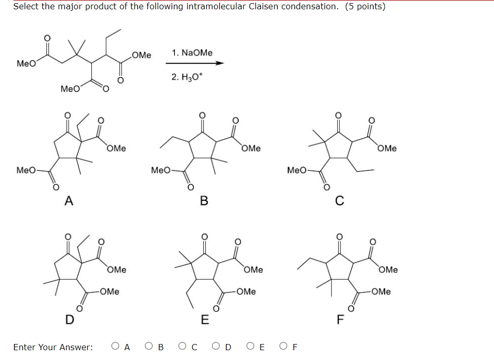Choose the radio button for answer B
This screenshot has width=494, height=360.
coord(150,347)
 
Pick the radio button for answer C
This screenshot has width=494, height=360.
coord(183,347)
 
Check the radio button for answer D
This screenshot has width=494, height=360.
coord(217,347)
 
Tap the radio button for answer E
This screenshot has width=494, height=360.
coord(250,347)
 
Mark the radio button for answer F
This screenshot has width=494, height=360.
coord(284,347)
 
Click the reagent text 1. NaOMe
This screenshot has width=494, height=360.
coord(192,53)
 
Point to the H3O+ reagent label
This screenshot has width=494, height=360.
coord(188,77)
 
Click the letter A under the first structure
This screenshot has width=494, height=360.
coord(68,201)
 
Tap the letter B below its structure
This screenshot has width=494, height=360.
coord(204,201)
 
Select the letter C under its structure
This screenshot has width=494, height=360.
coord(339,201)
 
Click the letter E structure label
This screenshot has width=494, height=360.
coord(204,320)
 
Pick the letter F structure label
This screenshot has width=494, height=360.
coord(339,320)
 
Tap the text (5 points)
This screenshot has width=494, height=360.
coord(365,7)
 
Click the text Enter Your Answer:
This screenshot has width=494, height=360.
coord(53,347)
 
